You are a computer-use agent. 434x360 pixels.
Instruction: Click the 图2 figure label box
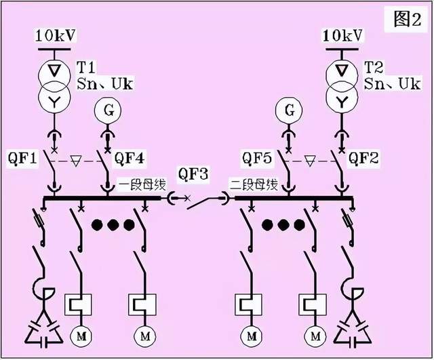(407, 20)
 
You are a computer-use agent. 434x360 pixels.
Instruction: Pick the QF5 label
(259, 159)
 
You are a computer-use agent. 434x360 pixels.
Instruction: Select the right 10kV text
(342, 35)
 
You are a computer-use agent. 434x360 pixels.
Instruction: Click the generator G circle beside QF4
(106, 109)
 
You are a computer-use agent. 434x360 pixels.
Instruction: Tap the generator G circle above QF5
(290, 109)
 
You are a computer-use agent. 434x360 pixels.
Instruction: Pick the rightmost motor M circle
(315, 335)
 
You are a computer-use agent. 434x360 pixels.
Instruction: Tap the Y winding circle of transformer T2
(343, 100)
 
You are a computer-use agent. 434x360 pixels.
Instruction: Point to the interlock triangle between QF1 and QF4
(76, 162)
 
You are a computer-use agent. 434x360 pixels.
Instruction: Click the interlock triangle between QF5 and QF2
(311, 162)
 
